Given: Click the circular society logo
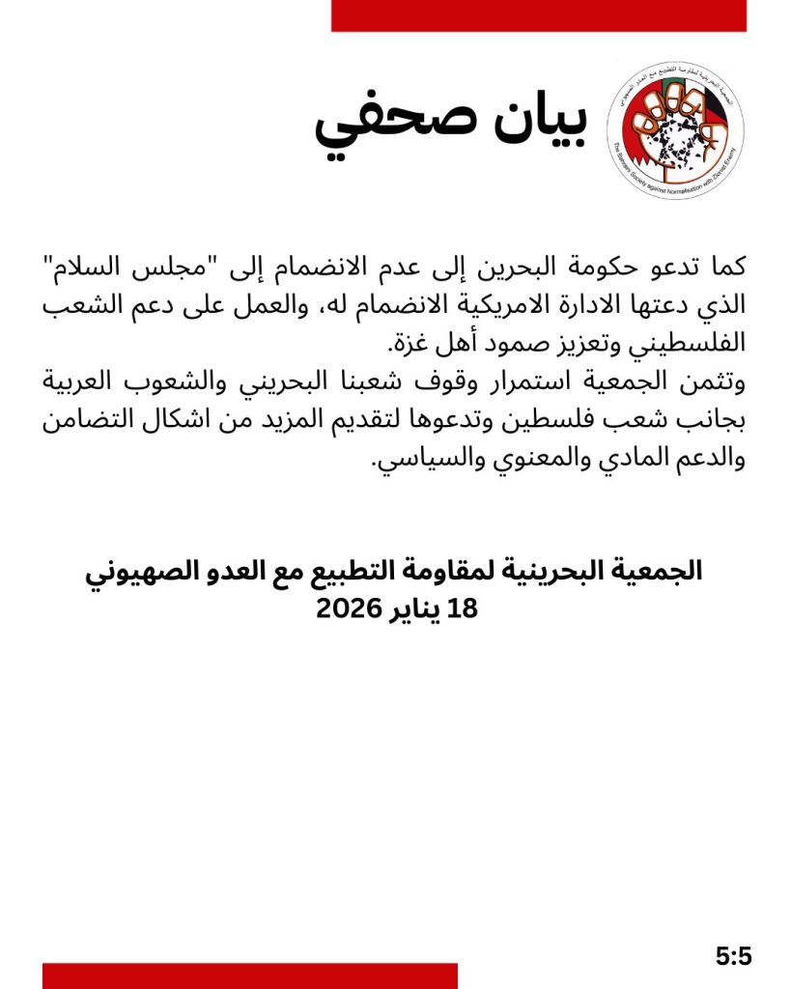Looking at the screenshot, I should coord(680,129).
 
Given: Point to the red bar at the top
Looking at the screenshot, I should coord(539,15).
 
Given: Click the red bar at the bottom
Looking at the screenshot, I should coord(249,975).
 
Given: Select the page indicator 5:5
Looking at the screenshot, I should coord(733,957).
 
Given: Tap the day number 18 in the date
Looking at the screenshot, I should coord(463,608).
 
